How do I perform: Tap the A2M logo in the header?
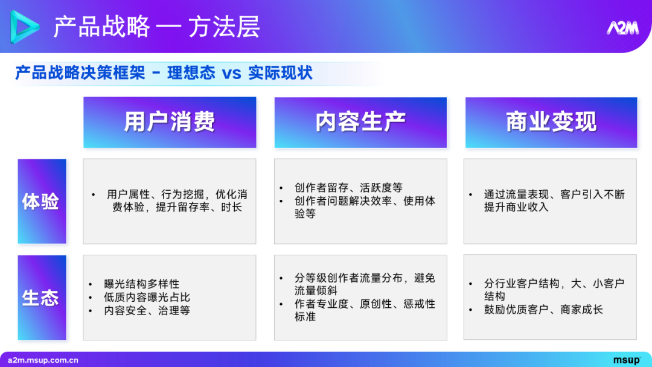(x=622, y=28)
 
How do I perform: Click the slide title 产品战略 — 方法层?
(x=156, y=27)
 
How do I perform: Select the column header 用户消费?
(x=170, y=122)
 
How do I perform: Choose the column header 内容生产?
(x=360, y=122)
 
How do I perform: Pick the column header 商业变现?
(x=551, y=122)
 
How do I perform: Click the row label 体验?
(x=41, y=202)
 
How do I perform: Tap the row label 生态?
(x=41, y=298)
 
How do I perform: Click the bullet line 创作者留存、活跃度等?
(x=348, y=188)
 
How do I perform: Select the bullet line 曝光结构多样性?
(x=141, y=284)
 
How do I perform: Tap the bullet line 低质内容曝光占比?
(x=147, y=297)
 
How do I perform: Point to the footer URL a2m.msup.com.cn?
(x=43, y=360)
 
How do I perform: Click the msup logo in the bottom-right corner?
(x=627, y=360)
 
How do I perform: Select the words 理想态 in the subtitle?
(x=191, y=74)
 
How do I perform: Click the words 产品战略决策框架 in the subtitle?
(x=80, y=74)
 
